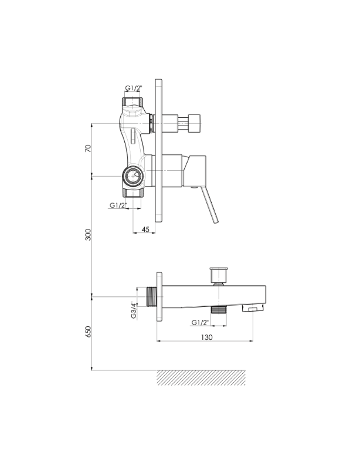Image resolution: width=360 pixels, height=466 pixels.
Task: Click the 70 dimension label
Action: click(x=88, y=148)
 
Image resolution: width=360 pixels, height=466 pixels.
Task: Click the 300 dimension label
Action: click(x=88, y=235)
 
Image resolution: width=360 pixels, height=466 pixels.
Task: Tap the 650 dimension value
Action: click(x=88, y=332)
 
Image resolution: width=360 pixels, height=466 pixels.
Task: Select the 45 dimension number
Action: click(x=145, y=229)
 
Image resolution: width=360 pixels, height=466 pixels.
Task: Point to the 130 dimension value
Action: click(x=207, y=337)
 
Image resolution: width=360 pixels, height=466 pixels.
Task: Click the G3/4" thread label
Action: click(x=134, y=310)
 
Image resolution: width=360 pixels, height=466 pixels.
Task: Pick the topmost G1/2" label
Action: click(x=134, y=88)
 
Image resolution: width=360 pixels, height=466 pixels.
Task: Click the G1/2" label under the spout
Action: click(x=200, y=322)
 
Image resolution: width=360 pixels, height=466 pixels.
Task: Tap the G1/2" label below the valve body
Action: click(x=118, y=205)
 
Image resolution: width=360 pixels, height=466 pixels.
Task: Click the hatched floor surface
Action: click(x=201, y=377)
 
